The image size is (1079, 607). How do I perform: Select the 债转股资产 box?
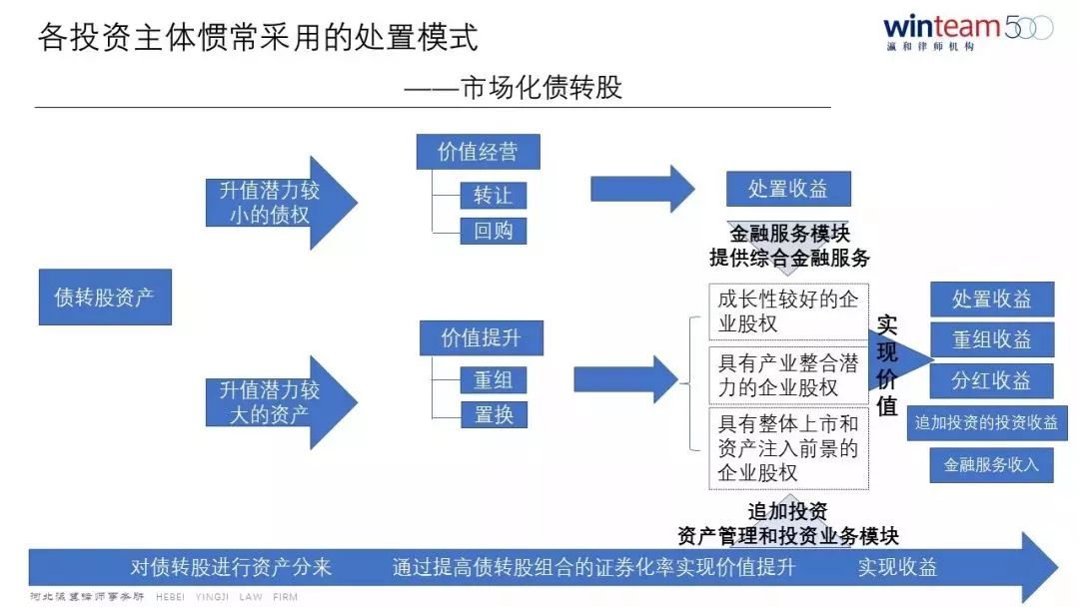point(105,297)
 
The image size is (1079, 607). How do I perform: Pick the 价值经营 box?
point(478,152)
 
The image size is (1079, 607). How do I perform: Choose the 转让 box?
point(493,195)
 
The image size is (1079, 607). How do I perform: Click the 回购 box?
point(493,231)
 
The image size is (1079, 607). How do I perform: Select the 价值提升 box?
point(481,337)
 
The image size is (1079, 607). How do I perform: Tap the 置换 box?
point(493,414)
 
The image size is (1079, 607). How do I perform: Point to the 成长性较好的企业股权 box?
point(788,311)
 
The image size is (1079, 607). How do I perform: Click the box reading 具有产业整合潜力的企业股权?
point(788,375)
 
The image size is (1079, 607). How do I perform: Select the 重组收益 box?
point(991,339)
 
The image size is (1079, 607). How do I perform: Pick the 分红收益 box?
point(991,380)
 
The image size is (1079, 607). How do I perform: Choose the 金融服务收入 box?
point(991,464)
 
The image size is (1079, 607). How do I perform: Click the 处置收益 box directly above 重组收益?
point(991,299)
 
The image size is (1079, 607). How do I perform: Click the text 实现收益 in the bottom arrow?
point(897,567)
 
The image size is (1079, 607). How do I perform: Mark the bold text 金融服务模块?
point(789,235)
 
